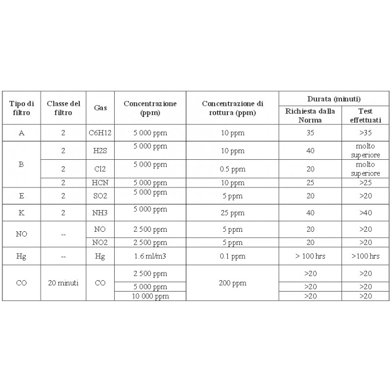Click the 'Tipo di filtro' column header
pos(21,108)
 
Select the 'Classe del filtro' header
pos(63,108)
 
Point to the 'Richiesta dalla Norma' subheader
pos(310,116)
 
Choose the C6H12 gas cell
pos(100,133)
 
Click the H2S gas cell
pos(100,151)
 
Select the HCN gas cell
pos(100,183)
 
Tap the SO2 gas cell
pos(100,196)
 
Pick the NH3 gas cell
pos(100,213)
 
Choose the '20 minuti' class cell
pos(63,283)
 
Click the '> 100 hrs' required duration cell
pos(310,256)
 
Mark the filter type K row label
pos(21,213)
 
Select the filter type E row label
pos(21,196)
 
